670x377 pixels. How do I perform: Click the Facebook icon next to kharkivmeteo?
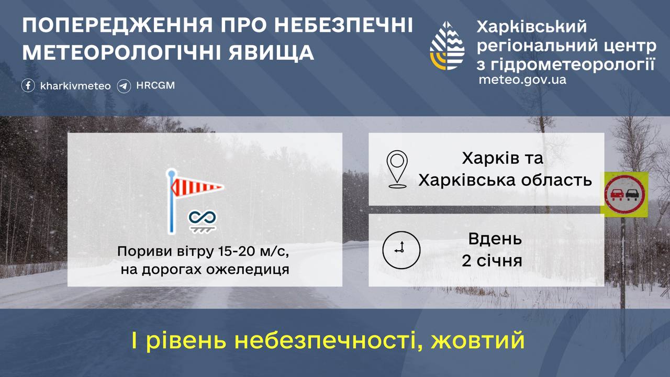tap(28, 85)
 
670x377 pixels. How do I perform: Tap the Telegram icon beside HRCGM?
tap(124, 85)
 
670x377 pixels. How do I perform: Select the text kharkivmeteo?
tap(75, 86)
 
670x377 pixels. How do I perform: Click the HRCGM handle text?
tap(155, 85)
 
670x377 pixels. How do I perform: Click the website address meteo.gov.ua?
tap(522, 80)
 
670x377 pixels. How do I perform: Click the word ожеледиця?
tap(252, 270)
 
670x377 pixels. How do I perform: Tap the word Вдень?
tap(495, 239)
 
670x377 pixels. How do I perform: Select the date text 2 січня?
tap(492, 261)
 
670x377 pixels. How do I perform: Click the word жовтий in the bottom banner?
tap(478, 341)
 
